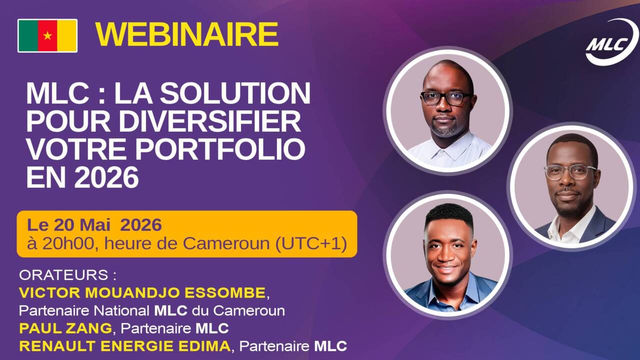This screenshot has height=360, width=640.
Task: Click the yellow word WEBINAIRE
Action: click(187, 34)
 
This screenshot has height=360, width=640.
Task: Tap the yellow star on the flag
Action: click(47, 35)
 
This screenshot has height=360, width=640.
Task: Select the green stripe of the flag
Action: click(28, 35)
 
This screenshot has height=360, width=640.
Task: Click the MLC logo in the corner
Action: click(611, 42)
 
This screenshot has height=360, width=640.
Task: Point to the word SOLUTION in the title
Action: click(235, 93)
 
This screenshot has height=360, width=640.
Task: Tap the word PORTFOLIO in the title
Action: click(220, 149)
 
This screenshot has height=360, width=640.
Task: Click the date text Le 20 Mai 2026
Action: click(94, 225)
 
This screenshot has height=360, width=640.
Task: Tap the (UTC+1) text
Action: click(311, 244)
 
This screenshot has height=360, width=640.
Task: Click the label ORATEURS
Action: click(63, 275)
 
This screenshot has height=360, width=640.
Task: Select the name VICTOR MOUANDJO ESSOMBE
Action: click(142, 293)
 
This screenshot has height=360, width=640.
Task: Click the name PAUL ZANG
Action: click(65, 328)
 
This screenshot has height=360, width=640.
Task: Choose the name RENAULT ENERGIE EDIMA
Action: click(125, 346)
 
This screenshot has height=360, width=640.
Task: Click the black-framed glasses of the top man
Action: click(446, 98)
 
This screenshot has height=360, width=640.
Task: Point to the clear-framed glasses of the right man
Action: click(570, 172)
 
